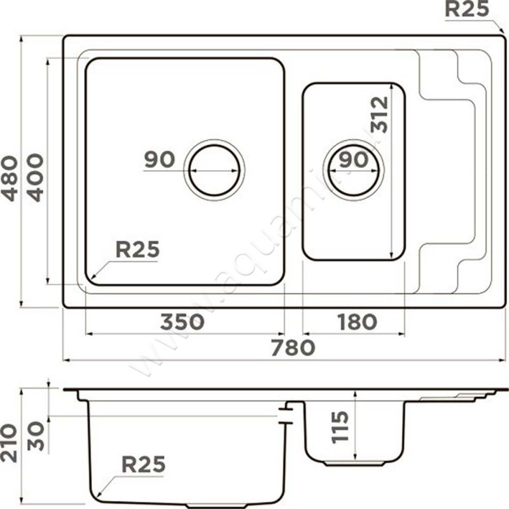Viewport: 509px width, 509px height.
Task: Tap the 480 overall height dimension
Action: pos(11,178)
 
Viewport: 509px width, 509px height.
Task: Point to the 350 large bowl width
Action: pos(183,323)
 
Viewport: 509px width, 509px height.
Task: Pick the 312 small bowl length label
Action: pos(379,115)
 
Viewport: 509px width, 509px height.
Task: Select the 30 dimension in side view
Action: pos(37,436)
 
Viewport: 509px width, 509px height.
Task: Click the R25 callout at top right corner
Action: pos(466,9)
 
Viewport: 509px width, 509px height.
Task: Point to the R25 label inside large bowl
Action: pos(137,250)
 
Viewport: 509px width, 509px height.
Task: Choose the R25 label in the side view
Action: pos(143,465)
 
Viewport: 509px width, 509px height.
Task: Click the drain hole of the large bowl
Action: pos(214,170)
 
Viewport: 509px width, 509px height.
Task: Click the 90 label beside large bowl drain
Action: pos(159,160)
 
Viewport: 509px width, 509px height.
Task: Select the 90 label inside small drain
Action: pos(354,160)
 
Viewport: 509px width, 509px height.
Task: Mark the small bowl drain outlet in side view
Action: pos(354,462)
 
